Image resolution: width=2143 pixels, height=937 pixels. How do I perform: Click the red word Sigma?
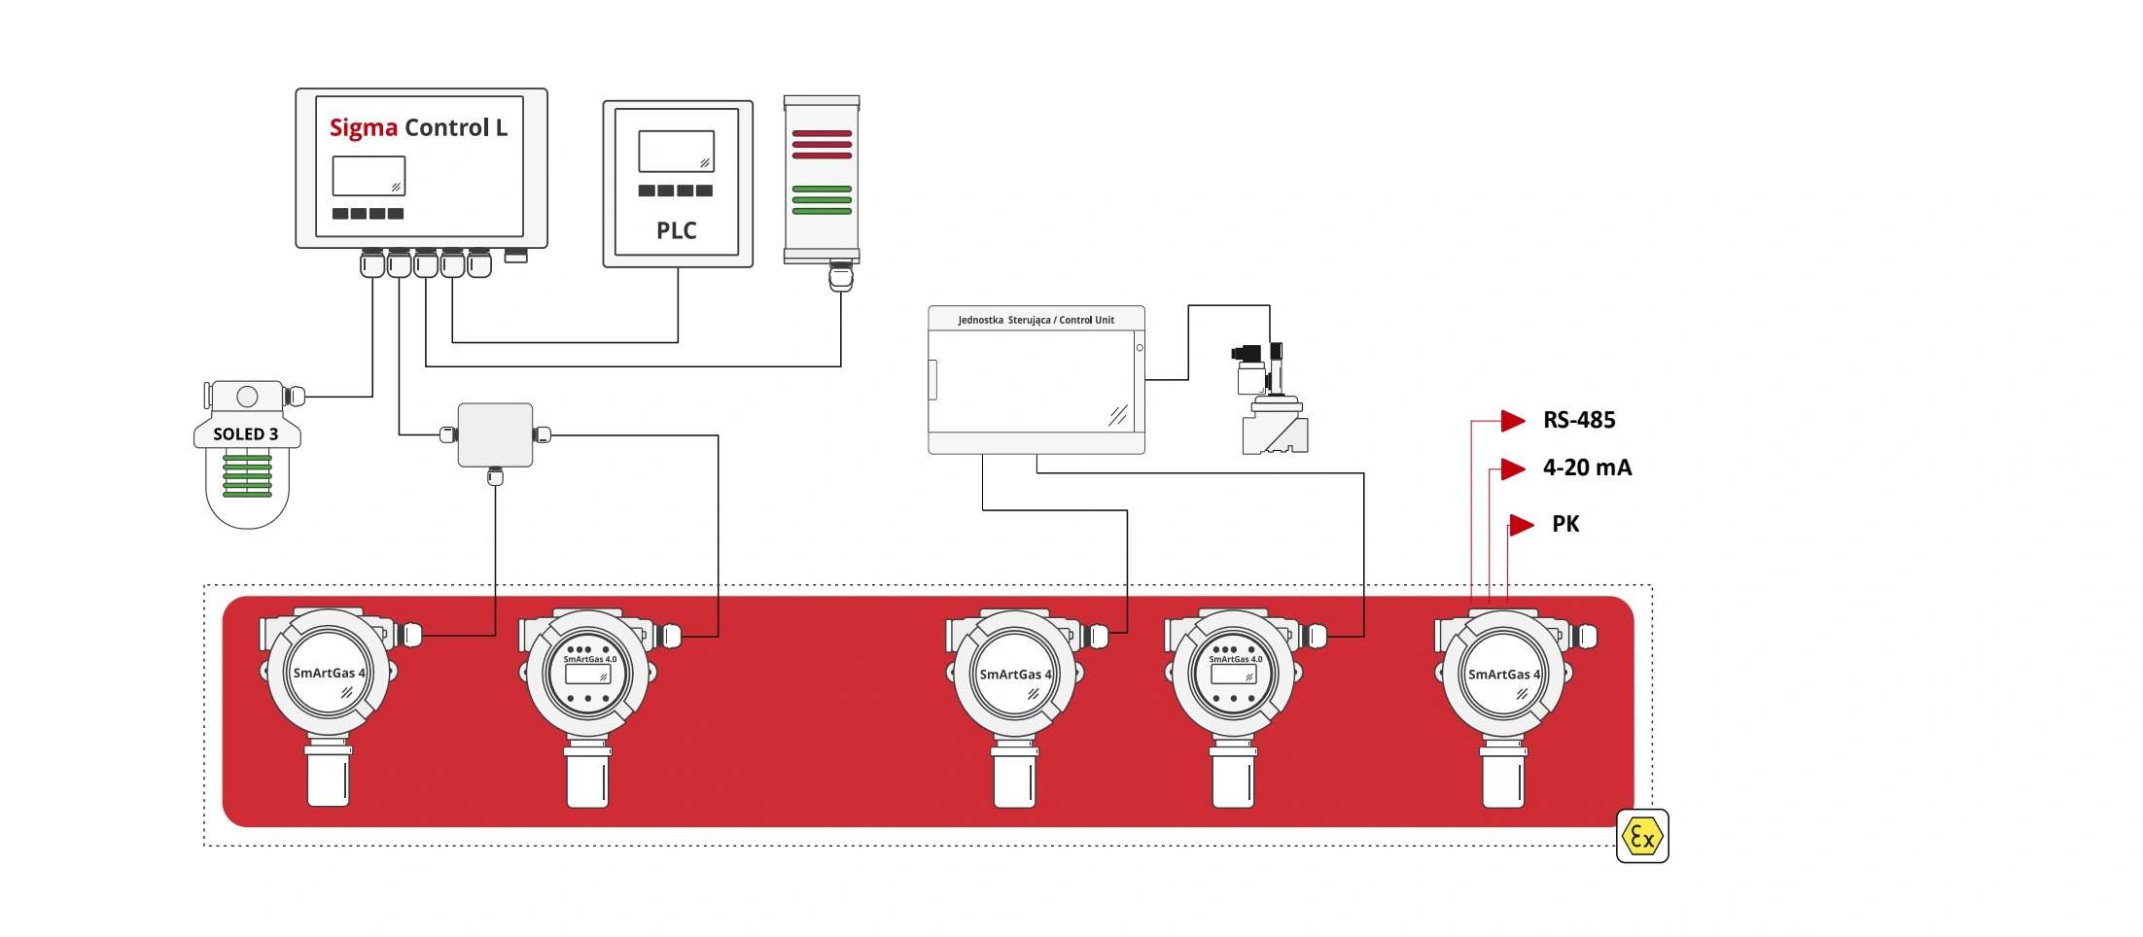click(x=363, y=128)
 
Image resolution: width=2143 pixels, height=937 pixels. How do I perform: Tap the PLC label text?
click(x=676, y=230)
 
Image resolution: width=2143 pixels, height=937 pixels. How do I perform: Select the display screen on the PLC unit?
click(x=676, y=151)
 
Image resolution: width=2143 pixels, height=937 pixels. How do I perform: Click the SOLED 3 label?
click(x=245, y=434)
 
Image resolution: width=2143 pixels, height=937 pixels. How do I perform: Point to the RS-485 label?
click(x=1578, y=420)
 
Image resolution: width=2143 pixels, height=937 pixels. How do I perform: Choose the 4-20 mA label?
click(x=1586, y=468)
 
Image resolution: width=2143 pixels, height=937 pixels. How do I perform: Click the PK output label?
click(x=1564, y=525)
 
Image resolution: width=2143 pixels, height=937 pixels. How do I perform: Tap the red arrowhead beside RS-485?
click(x=1512, y=420)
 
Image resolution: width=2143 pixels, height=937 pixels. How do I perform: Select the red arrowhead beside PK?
click(x=1521, y=525)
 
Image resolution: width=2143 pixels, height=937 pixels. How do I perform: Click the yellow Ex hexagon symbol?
click(x=1641, y=836)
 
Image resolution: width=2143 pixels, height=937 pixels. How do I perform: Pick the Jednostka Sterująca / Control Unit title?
click(x=1036, y=320)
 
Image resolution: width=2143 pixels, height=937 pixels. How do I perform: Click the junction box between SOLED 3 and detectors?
click(x=495, y=434)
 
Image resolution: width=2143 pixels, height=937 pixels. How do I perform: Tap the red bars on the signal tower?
click(x=822, y=144)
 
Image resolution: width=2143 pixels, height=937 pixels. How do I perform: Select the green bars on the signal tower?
click(x=822, y=199)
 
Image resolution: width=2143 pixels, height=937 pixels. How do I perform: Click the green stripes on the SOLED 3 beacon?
click(x=247, y=475)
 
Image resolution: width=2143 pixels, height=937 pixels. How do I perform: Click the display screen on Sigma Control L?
click(x=369, y=176)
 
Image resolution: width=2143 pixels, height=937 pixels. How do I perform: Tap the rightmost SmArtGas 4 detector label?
click(x=1503, y=675)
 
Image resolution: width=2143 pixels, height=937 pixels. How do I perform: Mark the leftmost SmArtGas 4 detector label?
click(x=329, y=673)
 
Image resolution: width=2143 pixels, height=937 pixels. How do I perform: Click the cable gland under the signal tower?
click(x=840, y=277)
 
